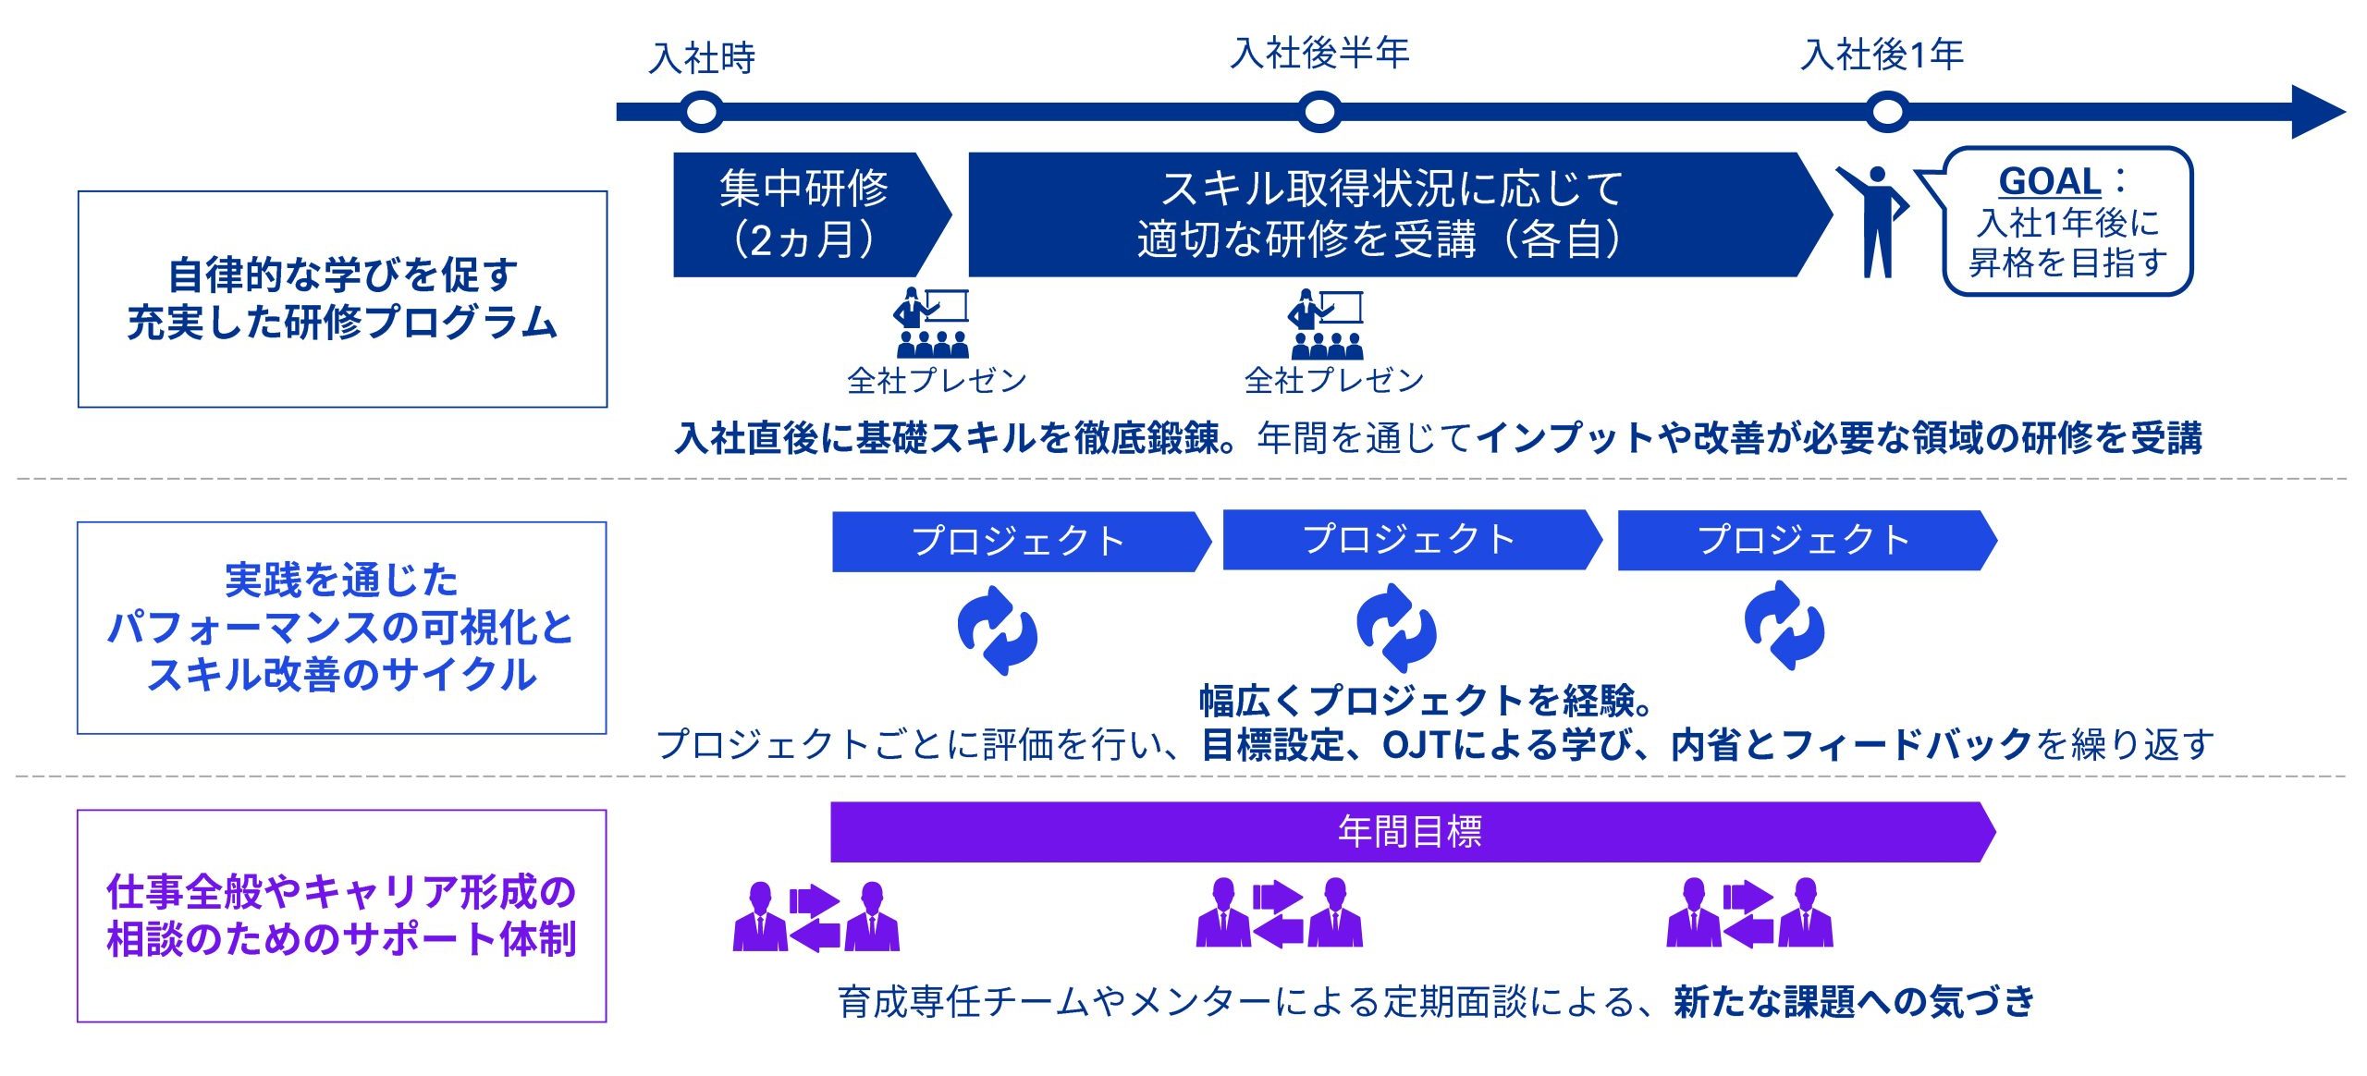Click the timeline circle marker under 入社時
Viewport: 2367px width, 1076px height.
701,112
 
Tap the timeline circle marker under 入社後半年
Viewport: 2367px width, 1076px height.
1319,112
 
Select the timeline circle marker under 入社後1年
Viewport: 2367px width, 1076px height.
1886,112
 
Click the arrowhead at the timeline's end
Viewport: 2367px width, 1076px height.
2318,112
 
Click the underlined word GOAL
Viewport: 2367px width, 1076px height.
2050,181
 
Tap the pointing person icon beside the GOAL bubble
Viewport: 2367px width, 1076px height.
1872,222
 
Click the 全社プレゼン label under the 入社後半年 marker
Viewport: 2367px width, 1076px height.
1333,380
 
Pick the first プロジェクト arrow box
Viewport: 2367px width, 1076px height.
1021,542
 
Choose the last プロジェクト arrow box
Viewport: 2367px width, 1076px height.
1807,540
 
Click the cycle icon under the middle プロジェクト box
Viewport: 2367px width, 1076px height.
1396,628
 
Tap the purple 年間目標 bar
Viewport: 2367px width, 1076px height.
1412,832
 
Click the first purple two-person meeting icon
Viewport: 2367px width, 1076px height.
816,916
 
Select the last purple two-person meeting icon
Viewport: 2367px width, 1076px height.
1749,913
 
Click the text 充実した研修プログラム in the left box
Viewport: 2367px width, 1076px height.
342,323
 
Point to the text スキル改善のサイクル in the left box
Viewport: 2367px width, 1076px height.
342,674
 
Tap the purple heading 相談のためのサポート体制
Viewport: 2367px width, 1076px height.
342,939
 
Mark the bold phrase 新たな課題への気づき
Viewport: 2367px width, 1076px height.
1854,1001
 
